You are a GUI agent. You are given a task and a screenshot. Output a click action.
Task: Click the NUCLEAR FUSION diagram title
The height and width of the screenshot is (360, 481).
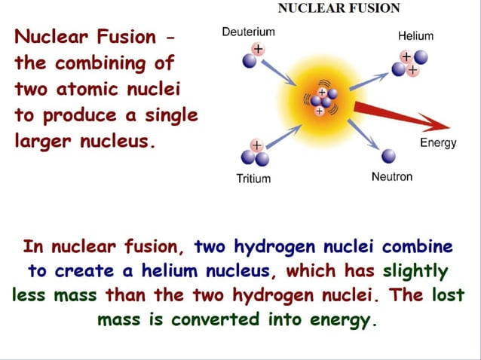pyautogui.click(x=339, y=8)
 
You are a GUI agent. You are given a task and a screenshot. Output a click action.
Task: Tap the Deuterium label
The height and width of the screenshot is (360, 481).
pyautogui.click(x=248, y=32)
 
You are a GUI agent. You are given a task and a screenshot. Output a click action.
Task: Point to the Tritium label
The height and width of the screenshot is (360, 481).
pyautogui.click(x=253, y=178)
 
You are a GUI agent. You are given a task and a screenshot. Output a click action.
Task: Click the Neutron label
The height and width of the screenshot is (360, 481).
pyautogui.click(x=392, y=176)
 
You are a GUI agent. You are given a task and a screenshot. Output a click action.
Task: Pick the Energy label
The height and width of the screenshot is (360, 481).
pyautogui.click(x=437, y=143)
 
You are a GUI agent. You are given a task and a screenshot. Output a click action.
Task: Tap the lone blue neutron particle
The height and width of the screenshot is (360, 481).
pyautogui.click(x=389, y=156)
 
